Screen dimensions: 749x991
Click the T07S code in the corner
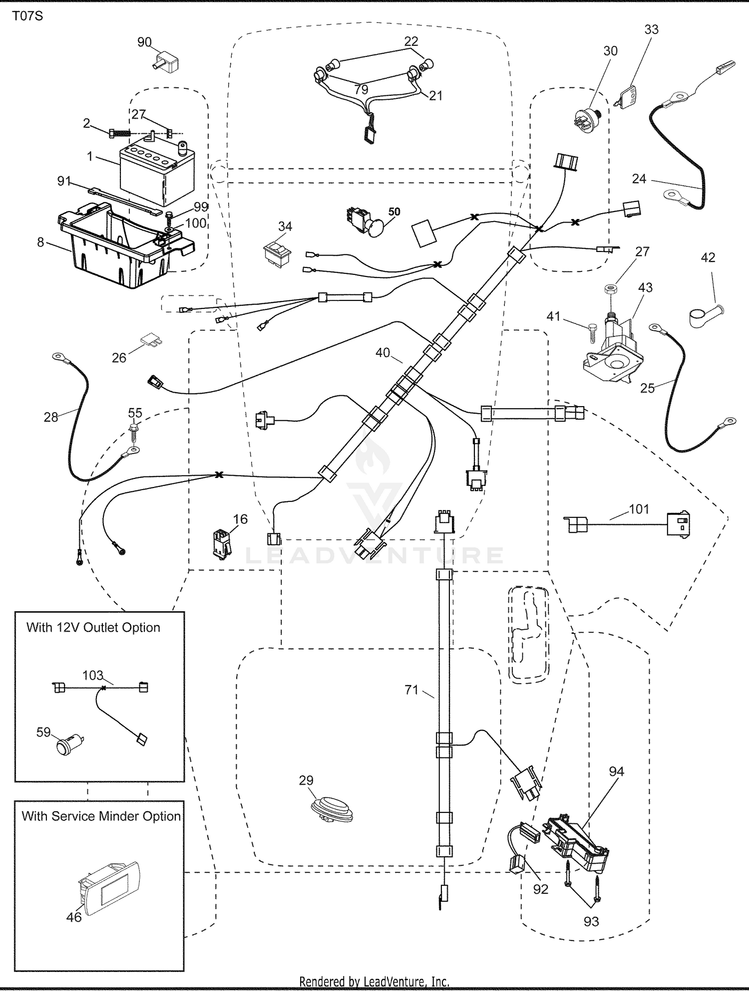coord(27,16)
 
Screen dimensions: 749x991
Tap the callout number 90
coord(144,42)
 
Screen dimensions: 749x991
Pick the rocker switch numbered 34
coord(277,253)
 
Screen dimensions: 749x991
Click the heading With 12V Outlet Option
coord(93,627)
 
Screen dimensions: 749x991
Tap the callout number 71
coord(411,691)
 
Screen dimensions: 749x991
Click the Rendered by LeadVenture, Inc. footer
coord(374,982)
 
